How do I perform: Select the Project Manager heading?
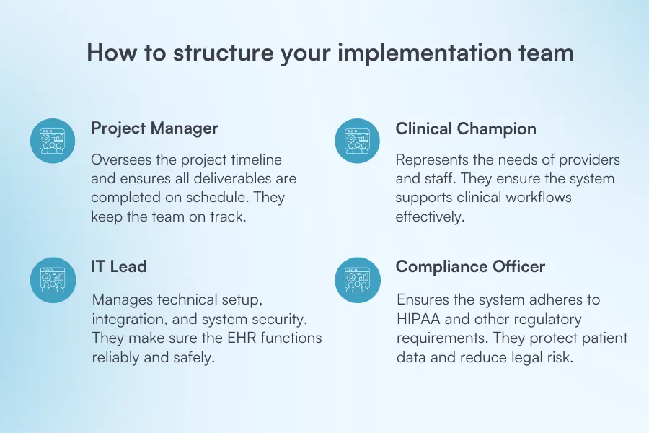pyautogui.click(x=154, y=128)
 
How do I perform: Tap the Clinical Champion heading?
pyautogui.click(x=466, y=129)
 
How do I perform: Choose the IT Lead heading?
pyautogui.click(x=119, y=266)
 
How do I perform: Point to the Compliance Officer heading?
pyautogui.click(x=470, y=266)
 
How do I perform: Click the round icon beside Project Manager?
pyautogui.click(x=53, y=141)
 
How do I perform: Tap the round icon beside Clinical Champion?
pyautogui.click(x=358, y=141)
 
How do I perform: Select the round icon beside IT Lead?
pyautogui.click(x=53, y=280)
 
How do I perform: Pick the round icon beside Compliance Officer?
pyautogui.click(x=358, y=280)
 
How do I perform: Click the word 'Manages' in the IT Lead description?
pyautogui.click(x=120, y=299)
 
